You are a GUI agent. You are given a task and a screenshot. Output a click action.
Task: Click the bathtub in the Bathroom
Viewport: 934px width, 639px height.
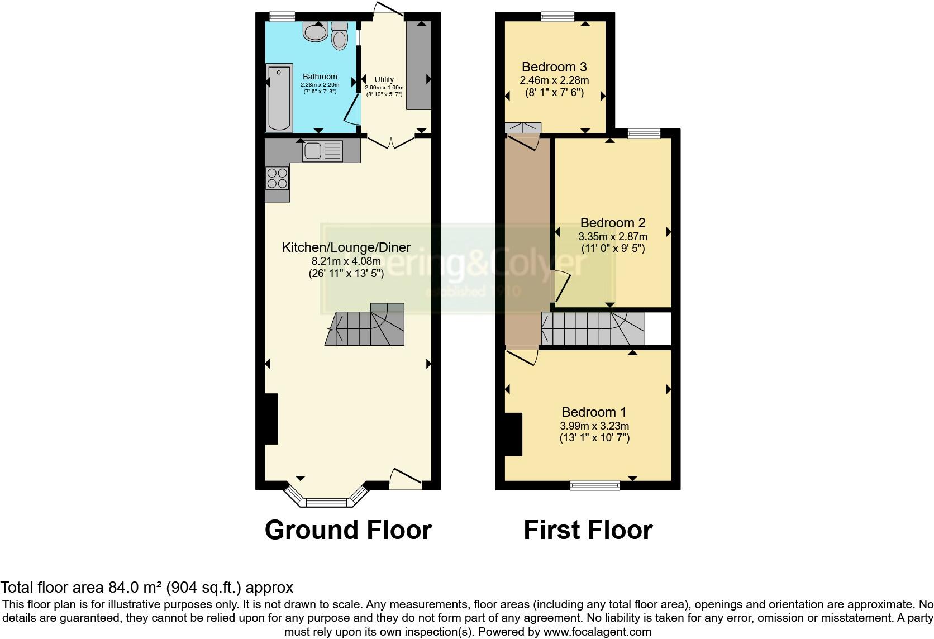[279, 98]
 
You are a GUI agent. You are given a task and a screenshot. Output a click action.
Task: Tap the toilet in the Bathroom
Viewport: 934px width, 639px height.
[339, 36]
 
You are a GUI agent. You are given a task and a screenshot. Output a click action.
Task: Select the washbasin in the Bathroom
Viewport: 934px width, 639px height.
[316, 31]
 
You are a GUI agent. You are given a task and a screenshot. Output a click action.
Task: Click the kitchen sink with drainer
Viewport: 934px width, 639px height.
[322, 151]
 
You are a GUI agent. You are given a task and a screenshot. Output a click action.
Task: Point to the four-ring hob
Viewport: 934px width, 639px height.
[277, 178]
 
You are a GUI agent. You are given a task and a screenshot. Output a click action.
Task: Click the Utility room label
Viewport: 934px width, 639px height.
[384, 79]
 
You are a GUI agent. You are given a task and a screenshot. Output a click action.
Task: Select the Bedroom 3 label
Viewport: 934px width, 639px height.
[554, 67]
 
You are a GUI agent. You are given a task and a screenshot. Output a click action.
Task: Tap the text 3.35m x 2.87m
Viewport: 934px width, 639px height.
[612, 236]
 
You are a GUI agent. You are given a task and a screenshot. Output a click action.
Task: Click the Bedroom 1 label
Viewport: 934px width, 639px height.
[594, 412]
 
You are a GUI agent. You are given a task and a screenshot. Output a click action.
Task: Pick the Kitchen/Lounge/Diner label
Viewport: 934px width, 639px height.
[346, 247]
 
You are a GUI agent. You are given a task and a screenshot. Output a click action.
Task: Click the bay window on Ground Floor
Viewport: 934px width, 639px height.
[327, 502]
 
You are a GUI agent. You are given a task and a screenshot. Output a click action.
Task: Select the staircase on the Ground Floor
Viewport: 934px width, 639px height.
[366, 327]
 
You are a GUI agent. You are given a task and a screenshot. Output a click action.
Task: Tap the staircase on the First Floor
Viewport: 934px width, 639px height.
[592, 329]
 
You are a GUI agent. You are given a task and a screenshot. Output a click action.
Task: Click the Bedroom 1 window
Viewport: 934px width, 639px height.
[594, 485]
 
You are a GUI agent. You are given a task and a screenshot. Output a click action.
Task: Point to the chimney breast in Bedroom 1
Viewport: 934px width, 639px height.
[513, 434]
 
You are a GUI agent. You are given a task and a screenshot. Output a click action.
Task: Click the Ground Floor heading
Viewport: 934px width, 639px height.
[347, 530]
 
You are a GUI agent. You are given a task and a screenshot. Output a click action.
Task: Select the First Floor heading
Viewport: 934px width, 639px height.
[588, 530]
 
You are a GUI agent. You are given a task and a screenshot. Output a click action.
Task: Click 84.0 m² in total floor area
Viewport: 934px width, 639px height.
[134, 588]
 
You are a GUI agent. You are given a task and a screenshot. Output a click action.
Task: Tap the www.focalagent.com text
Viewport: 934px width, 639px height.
[598, 632]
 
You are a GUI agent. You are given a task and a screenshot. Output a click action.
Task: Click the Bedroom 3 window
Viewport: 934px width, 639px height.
[557, 17]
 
